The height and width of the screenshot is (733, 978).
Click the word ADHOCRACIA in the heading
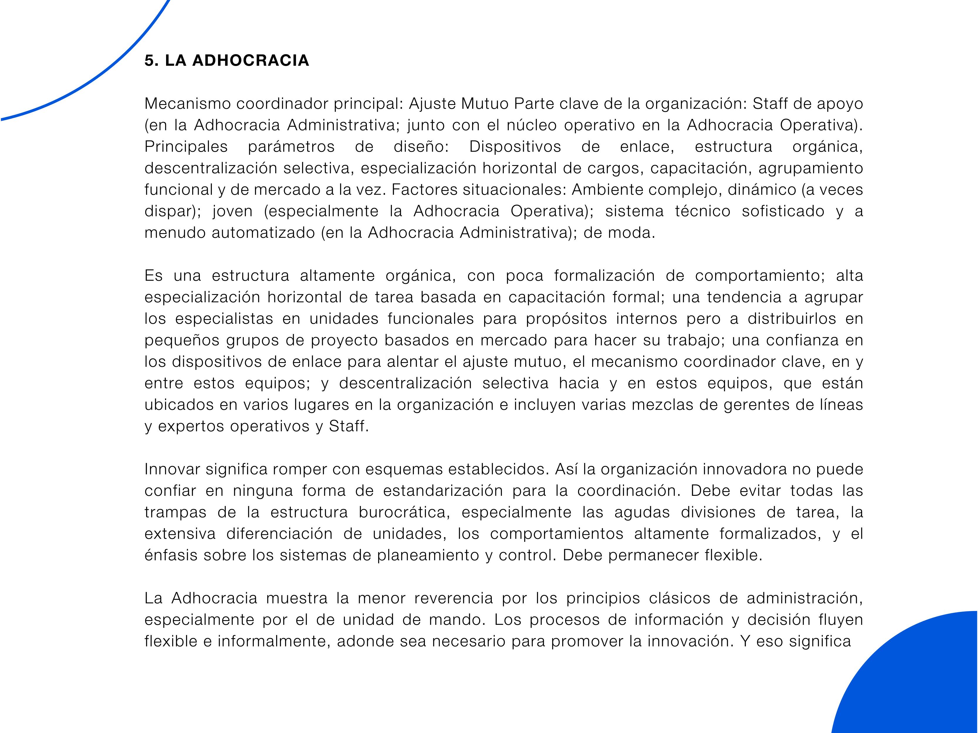click(250, 60)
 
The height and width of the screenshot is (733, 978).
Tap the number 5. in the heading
click(152, 60)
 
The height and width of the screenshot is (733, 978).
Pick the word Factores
click(425, 189)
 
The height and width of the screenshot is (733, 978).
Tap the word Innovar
click(173, 469)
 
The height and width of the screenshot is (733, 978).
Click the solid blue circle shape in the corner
click(920, 685)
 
